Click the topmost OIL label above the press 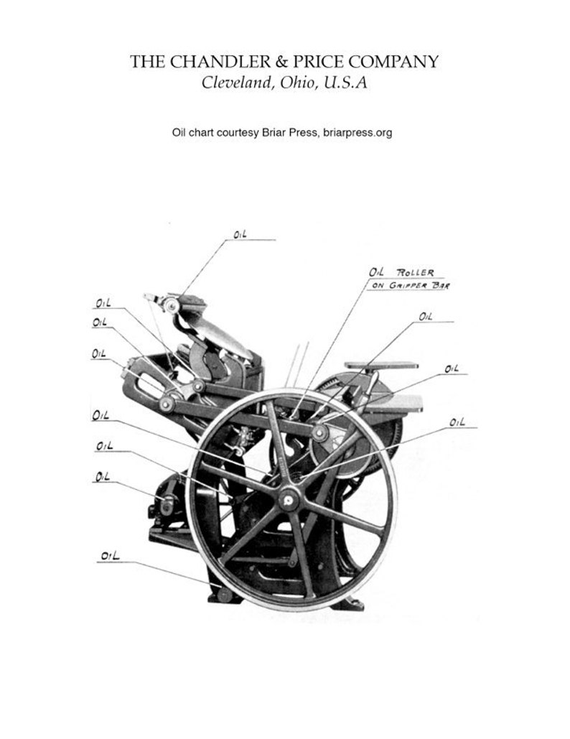point(240,234)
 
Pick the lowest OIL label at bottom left point(110,555)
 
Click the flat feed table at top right point(380,365)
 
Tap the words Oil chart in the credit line point(193,133)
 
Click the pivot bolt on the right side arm point(319,431)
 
